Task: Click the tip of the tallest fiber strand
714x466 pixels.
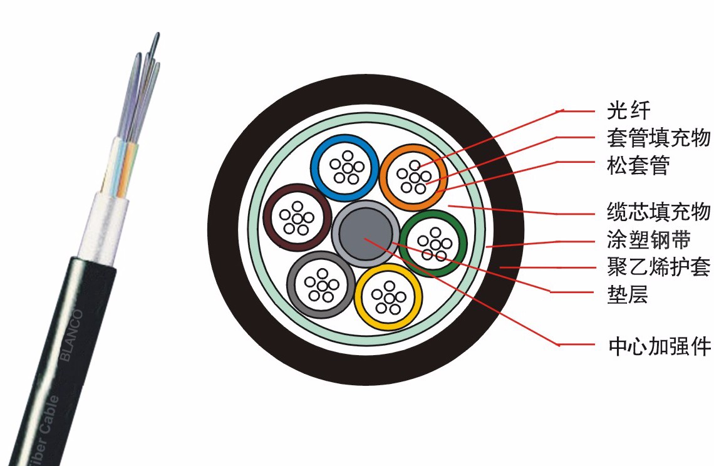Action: (x=157, y=34)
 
